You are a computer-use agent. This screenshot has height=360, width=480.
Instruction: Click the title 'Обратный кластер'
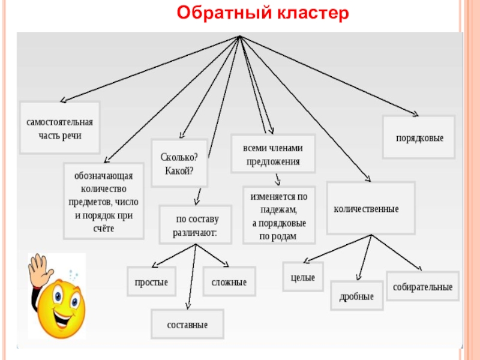pyautogui.click(x=263, y=13)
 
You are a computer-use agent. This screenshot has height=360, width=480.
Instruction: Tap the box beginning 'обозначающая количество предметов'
pyautogui.click(x=104, y=202)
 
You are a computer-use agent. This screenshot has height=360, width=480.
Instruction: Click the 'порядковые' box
pyautogui.click(x=419, y=137)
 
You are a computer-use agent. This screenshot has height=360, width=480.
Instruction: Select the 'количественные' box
pyautogui.click(x=370, y=208)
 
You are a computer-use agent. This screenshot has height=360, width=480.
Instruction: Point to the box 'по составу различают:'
pyautogui.click(x=196, y=224)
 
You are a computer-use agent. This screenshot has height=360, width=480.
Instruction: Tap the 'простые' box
pyautogui.click(x=151, y=282)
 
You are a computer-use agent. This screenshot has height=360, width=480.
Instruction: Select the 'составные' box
pyautogui.click(x=187, y=324)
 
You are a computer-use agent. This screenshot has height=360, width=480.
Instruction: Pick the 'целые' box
pyautogui.click(x=303, y=277)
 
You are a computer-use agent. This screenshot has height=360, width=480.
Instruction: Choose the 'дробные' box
pyautogui.click(x=356, y=296)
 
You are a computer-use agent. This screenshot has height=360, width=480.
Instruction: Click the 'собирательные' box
pyautogui.click(x=422, y=286)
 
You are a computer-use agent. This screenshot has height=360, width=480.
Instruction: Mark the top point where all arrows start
pyautogui.click(x=239, y=37)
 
